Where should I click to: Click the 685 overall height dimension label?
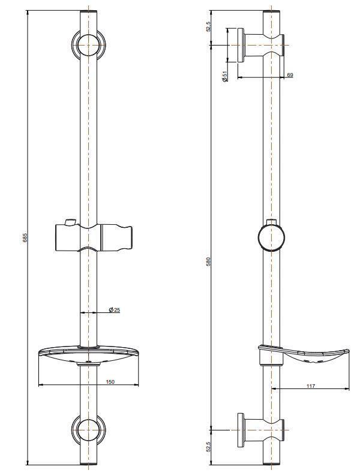(x=25, y=238)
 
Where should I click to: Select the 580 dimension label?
(x=209, y=261)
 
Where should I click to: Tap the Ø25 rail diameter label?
(x=114, y=310)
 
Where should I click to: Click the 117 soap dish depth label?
(x=310, y=386)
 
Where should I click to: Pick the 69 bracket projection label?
(x=289, y=74)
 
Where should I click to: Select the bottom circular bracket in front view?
(x=89, y=430)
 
